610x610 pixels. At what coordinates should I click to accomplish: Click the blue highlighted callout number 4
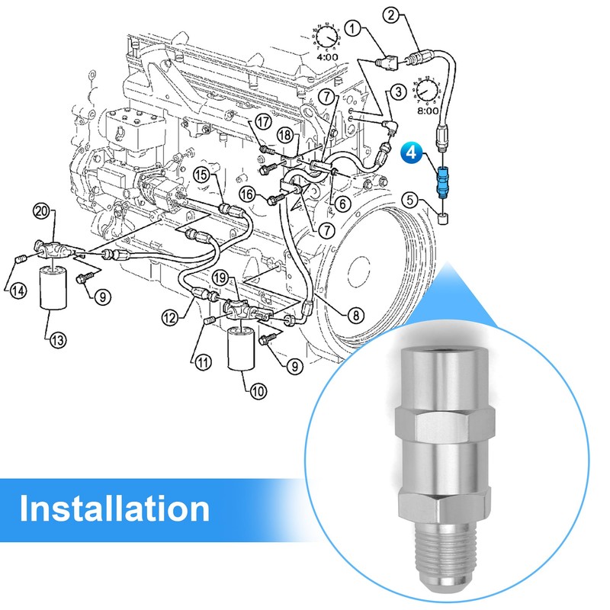pos(411,152)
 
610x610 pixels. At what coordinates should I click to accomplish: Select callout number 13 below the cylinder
pos(58,340)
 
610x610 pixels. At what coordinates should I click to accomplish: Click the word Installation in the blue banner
pos(114,509)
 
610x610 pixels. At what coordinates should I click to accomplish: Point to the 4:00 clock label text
pos(327,56)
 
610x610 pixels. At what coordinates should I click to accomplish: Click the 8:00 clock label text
pos(428,111)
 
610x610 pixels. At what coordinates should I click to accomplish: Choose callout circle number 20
pos(42,212)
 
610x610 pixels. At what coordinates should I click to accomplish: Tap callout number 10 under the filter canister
pos(258,390)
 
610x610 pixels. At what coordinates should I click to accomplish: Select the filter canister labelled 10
pos(241,348)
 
